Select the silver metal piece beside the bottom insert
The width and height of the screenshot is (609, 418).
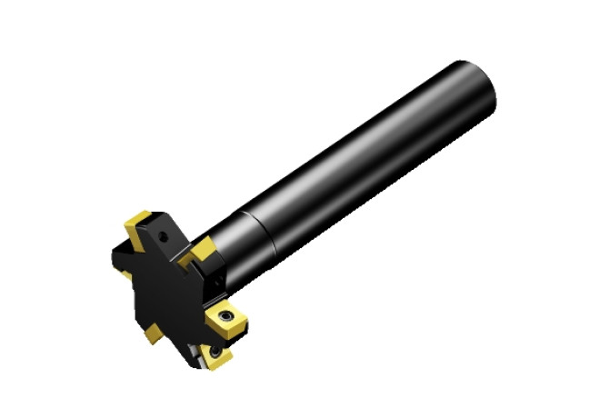tap(195, 354)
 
